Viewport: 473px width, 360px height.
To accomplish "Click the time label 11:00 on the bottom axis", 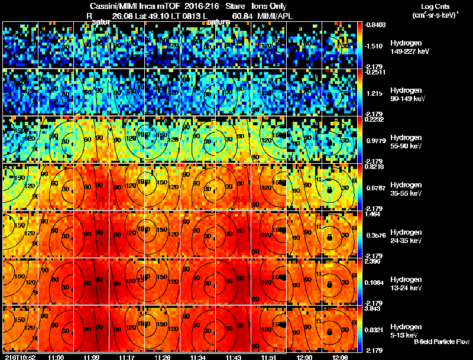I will pyautogui.click(x=56, y=357).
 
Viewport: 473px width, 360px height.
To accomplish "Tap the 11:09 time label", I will pyautogui.click(x=92, y=357).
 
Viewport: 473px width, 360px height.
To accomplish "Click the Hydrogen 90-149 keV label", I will pyautogui.click(x=409, y=95).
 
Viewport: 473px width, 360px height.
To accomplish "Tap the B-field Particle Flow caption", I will pyautogui.click(x=441, y=342).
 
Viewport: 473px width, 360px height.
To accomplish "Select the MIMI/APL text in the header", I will pyautogui.click(x=270, y=16).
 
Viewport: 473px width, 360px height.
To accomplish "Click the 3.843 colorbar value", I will pyautogui.click(x=372, y=309).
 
